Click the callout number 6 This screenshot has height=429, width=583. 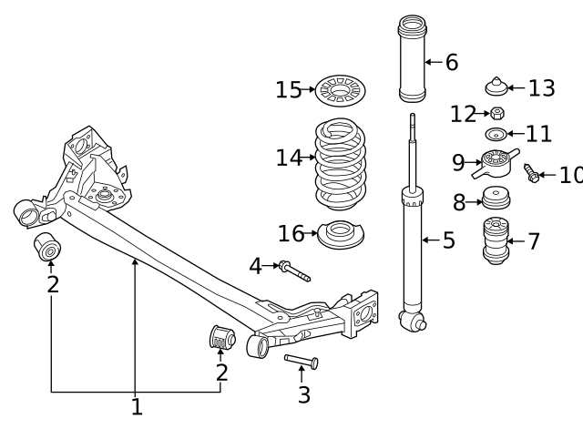coord(451,63)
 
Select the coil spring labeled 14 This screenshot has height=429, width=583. coord(341,162)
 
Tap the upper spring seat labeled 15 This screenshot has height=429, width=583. coord(341,91)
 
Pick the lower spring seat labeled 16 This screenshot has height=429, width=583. coord(340,235)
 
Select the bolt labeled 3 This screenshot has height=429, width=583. coord(302,362)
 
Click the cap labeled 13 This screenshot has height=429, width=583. coord(496,88)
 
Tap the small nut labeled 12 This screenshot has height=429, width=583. coord(497,114)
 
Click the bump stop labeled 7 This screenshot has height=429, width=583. coord(496,241)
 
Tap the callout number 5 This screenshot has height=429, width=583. coord(448,240)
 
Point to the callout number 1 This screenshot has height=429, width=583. coord(137,407)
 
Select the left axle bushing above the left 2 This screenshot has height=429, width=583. coord(46,246)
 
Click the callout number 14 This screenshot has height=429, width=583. coord(288,158)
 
